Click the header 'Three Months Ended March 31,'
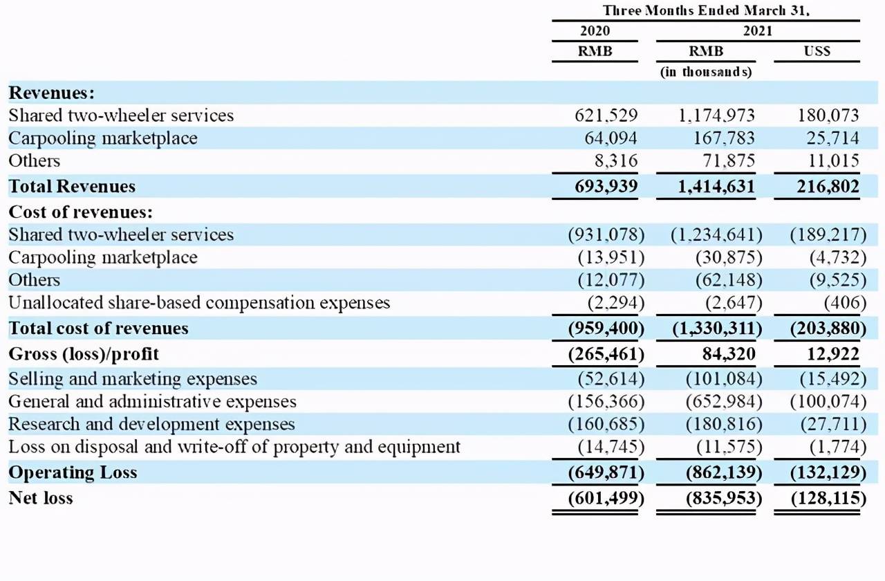coord(706,10)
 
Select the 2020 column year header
coord(595,31)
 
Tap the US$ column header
coord(817,51)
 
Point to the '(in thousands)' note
coord(706,71)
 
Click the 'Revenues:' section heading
coord(52,93)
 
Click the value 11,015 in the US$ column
coord(832,161)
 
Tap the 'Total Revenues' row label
coord(72,186)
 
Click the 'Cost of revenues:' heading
coord(81,212)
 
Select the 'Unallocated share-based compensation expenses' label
coord(199,303)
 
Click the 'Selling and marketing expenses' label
coord(133,379)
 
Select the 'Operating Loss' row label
coord(73,473)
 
